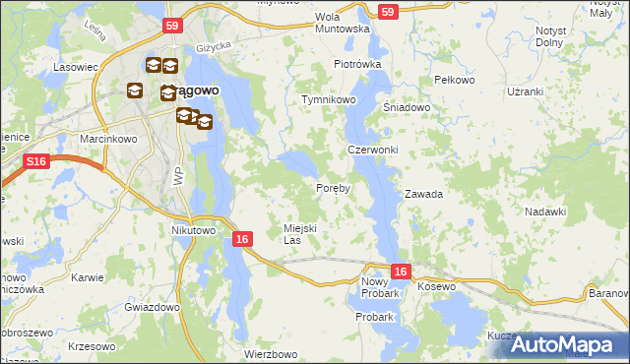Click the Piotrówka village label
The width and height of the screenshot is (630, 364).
356,64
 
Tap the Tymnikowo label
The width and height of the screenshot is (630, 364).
328,100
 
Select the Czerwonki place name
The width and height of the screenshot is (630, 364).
372,150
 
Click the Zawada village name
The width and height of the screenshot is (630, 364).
423,194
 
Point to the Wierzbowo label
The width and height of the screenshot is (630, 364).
271,353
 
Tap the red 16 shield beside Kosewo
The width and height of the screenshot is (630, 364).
400,272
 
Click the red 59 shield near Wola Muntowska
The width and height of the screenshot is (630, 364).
388,12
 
